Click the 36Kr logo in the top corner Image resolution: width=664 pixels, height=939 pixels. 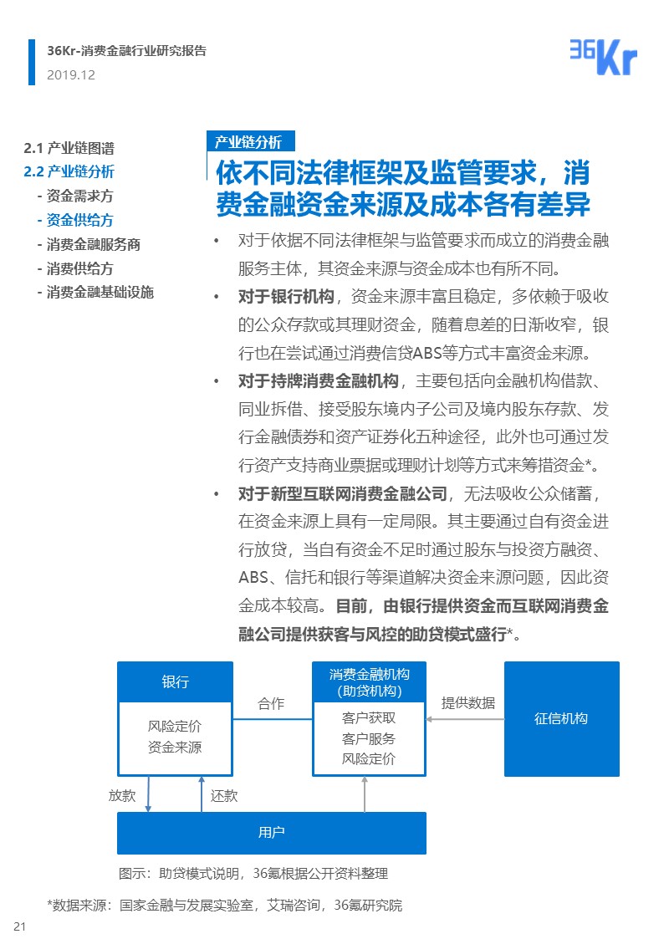(x=602, y=57)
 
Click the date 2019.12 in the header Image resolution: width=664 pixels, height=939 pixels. (x=71, y=74)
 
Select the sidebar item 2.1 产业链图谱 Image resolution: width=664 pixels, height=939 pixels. (x=69, y=148)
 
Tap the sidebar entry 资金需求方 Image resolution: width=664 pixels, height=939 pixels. (x=75, y=196)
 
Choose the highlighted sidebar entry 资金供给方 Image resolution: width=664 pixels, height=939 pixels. (x=75, y=220)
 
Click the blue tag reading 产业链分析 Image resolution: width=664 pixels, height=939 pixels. (x=248, y=141)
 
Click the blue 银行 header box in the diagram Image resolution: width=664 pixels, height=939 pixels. (x=175, y=681)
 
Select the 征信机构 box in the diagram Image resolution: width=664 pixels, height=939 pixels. (x=561, y=718)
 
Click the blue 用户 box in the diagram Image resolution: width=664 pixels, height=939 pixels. (x=271, y=832)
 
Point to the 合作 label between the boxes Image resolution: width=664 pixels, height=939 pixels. (x=271, y=703)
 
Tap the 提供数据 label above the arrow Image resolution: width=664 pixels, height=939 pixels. (x=468, y=702)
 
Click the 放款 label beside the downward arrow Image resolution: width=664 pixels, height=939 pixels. (x=122, y=795)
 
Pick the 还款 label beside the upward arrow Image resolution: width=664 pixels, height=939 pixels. (x=224, y=795)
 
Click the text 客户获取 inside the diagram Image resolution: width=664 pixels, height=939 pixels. (x=369, y=717)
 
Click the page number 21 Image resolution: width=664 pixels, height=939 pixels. (x=20, y=926)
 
